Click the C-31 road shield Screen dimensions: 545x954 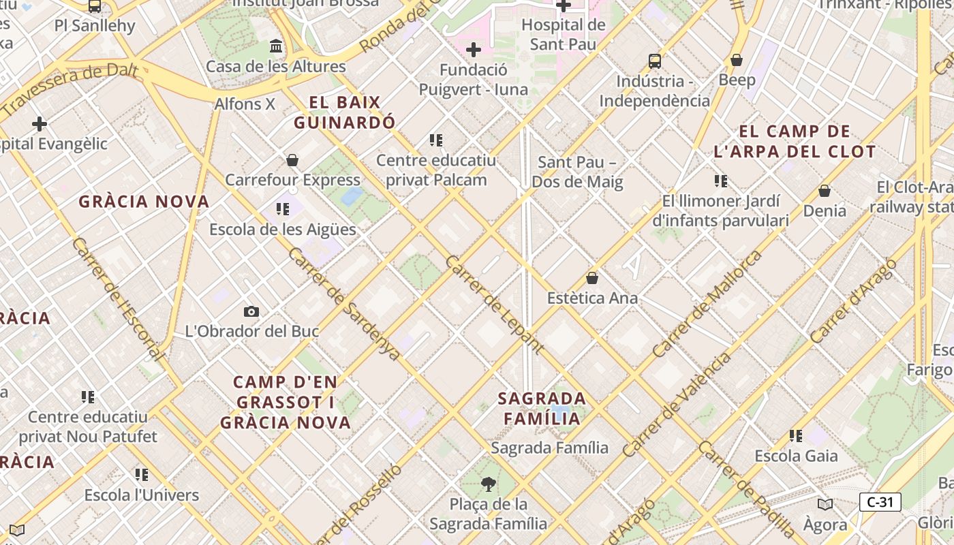click(880, 503)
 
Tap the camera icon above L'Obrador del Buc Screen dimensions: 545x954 click(251, 311)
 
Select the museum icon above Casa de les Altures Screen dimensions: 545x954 click(276, 46)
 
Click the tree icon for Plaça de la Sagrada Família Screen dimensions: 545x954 click(488, 484)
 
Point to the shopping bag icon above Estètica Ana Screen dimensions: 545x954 click(592, 278)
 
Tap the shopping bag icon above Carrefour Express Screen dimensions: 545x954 click(292, 160)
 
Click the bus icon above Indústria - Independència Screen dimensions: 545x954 click(654, 61)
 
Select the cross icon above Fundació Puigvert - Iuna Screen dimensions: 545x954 click(473, 50)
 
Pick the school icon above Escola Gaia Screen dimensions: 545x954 click(796, 436)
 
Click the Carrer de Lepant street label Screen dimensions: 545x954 click(494, 305)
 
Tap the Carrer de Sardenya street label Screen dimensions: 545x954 click(343, 303)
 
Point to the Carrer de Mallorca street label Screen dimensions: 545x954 click(707, 304)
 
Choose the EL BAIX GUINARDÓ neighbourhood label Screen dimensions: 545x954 click(344, 112)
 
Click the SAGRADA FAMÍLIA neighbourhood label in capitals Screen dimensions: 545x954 click(542, 408)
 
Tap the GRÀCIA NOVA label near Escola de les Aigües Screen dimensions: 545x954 click(144, 202)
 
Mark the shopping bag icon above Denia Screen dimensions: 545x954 click(825, 191)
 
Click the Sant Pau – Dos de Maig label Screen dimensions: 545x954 click(577, 172)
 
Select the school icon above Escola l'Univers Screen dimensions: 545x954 click(142, 475)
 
